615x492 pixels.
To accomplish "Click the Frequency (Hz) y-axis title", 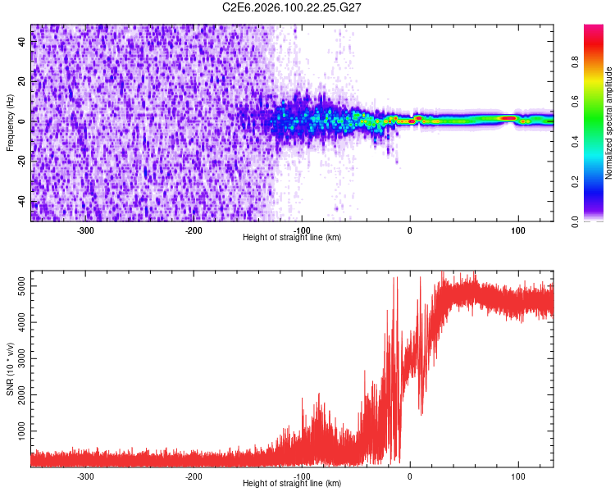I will click(x=10, y=123).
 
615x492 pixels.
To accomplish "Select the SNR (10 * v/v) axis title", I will click(x=10, y=369).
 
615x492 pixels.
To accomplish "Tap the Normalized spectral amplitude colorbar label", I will click(x=609, y=123).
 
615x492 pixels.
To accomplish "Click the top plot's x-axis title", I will click(x=292, y=237).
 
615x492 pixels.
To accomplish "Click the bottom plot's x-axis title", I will click(x=292, y=483).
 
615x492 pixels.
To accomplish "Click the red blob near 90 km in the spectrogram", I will click(x=508, y=118).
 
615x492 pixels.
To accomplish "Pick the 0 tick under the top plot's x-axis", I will click(x=410, y=230).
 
